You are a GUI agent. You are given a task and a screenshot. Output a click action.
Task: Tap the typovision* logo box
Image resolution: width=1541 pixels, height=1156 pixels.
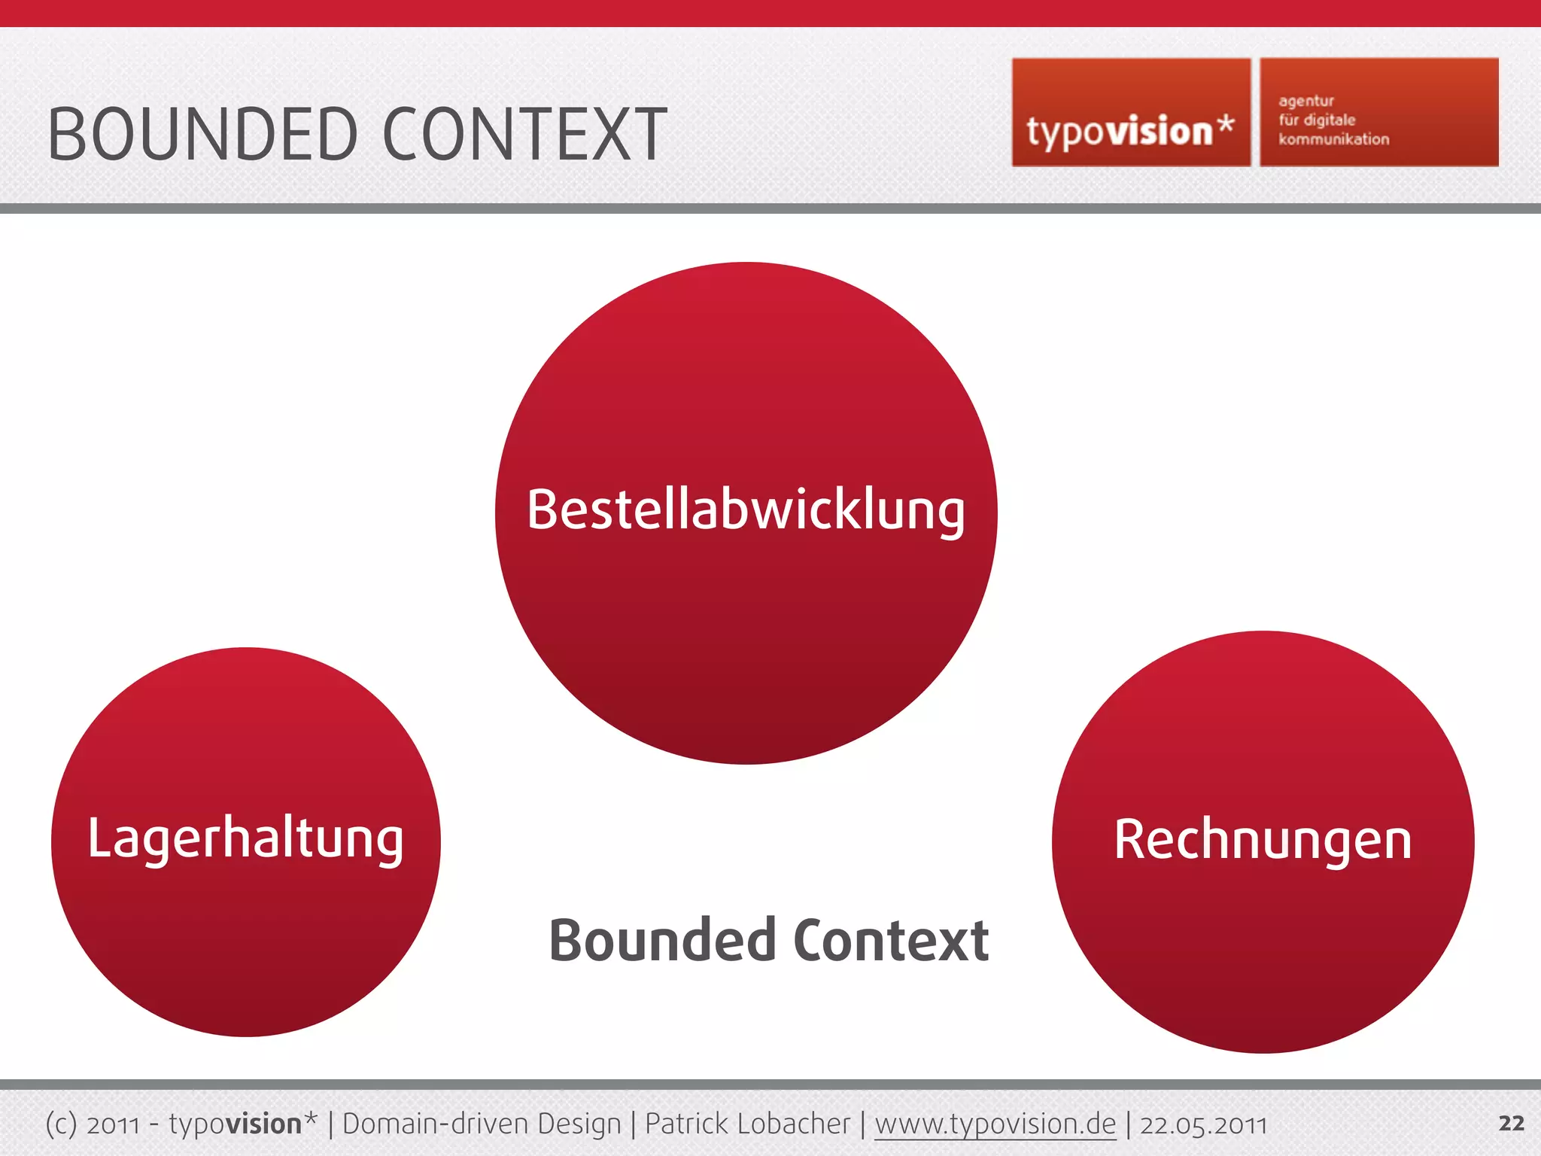[1130, 113]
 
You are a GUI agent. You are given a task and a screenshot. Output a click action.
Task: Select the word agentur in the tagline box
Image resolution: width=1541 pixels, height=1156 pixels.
[1306, 101]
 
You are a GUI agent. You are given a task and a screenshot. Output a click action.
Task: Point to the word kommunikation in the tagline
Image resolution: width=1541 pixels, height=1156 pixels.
[1333, 139]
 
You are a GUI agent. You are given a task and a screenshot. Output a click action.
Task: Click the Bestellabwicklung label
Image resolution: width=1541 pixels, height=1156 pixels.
[746, 510]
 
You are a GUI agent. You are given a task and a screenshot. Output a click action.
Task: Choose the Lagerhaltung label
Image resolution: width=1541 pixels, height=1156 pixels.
[245, 838]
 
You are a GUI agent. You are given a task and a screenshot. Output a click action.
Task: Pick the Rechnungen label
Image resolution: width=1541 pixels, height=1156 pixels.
[1263, 840]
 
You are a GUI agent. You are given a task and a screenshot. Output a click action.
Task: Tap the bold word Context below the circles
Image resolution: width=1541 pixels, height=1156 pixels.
[891, 941]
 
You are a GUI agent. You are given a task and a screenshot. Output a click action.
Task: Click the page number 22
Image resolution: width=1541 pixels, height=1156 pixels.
[1511, 1123]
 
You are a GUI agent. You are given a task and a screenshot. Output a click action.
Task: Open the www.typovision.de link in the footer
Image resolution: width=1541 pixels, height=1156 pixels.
[995, 1124]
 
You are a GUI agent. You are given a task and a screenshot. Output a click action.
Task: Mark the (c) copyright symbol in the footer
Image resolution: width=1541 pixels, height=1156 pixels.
[61, 1124]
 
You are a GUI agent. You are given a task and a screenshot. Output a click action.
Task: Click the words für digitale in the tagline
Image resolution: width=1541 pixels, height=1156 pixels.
[1317, 120]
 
